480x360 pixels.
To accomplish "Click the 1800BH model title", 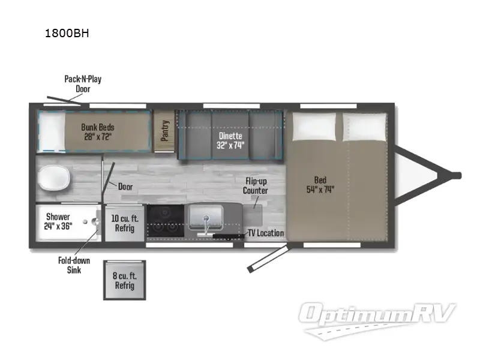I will pos(67,33).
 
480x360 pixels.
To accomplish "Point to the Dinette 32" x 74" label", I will pos(230,140).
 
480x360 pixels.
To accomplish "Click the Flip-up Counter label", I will pos(255,186).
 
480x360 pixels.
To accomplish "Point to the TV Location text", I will pos(266,233).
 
